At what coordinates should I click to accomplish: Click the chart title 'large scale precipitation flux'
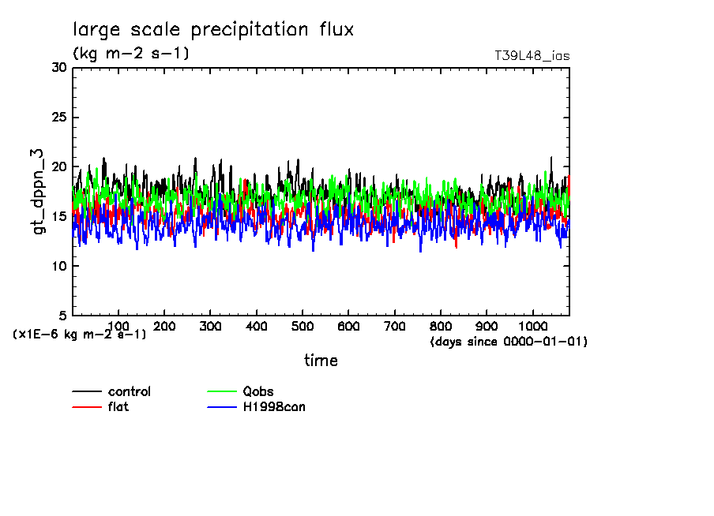pyautogui.click(x=213, y=31)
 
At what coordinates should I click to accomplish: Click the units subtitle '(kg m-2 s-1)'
pyautogui.click(x=131, y=54)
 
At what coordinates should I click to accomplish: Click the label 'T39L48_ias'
pyautogui.click(x=532, y=56)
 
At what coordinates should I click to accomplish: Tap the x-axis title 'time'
pyautogui.click(x=321, y=361)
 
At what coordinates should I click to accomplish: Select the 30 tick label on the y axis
pyautogui.click(x=58, y=68)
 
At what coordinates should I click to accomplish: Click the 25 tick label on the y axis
pyautogui.click(x=58, y=118)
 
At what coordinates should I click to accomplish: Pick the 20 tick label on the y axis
pyautogui.click(x=58, y=167)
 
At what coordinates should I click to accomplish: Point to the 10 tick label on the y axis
pyautogui.click(x=58, y=266)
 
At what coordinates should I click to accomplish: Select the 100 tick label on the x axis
pyautogui.click(x=118, y=326)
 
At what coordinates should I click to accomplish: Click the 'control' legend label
pyautogui.click(x=130, y=392)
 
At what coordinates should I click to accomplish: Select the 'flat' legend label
pyautogui.click(x=118, y=407)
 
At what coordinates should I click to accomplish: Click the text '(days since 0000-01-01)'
pyautogui.click(x=509, y=342)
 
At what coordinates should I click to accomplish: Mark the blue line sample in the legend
pyautogui.click(x=222, y=407)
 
